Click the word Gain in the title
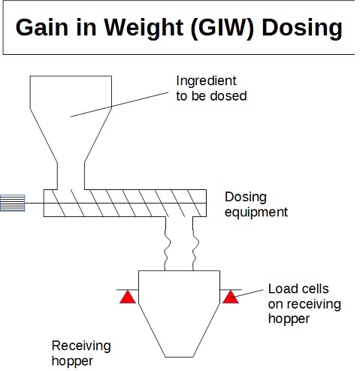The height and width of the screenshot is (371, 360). pos(41,27)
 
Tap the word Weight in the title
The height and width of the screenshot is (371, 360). pos(144,29)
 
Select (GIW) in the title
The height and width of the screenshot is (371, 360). pos(222,28)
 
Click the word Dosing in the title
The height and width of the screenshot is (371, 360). pos(302,29)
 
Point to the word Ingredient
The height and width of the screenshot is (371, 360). pos(206,81)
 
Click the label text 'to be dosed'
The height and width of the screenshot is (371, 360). pos(211,96)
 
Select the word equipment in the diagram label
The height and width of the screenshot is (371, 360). pos(256,213)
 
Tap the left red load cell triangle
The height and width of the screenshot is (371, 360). pos(128,297)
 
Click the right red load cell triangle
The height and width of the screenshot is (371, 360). pos(231,297)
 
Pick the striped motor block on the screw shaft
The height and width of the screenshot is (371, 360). pos(12,203)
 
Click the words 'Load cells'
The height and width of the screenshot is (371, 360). pos(298,288)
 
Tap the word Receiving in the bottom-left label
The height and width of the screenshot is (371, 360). pos(81,346)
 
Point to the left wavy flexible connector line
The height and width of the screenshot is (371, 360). pos(167,243)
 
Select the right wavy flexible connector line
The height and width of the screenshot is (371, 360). pos(195,243)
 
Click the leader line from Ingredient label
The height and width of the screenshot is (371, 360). pos(119,104)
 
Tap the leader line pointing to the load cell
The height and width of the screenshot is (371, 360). pos(247,294)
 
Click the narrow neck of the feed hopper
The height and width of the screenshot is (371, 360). pos(71,176)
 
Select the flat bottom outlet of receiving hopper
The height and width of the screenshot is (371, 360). pos(180,357)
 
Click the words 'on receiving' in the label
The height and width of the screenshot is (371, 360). pos(304,305)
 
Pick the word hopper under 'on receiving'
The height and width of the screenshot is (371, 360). pos(289,319)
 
